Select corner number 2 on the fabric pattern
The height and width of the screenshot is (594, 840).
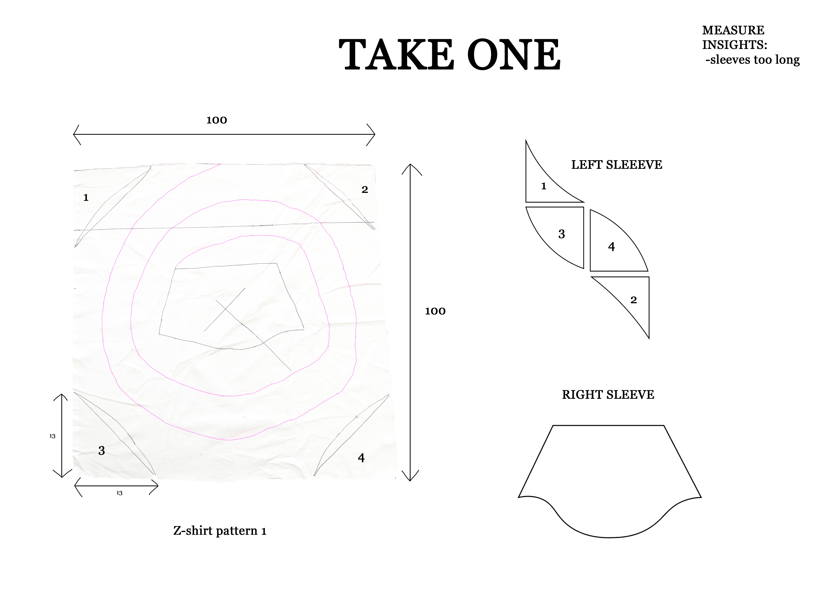coord(365,189)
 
